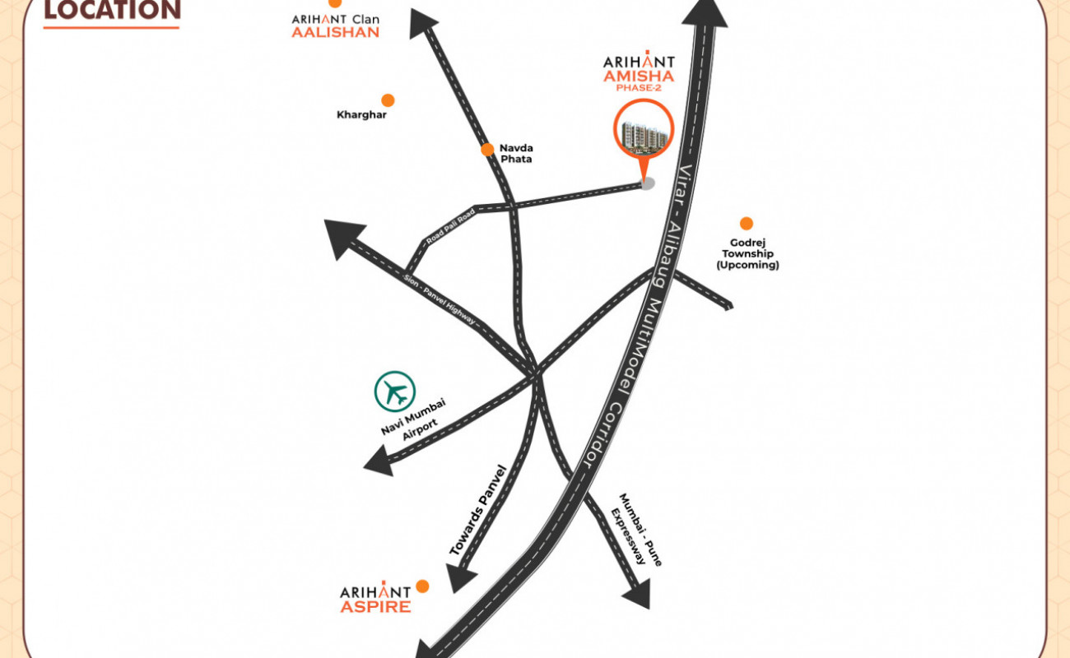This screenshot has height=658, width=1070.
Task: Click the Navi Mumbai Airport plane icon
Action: (394, 392)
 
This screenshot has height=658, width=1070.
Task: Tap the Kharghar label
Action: (361, 114)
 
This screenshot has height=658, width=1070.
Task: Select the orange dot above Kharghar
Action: (388, 100)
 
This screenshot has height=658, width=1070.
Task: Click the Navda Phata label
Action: (516, 153)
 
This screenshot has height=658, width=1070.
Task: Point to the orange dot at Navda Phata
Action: (487, 150)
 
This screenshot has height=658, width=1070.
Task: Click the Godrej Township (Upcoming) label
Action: (747, 253)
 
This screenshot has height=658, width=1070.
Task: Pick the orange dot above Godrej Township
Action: (747, 223)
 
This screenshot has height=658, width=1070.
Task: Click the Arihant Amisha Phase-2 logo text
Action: (639, 72)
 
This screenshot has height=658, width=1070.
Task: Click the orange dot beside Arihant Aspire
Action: (422, 586)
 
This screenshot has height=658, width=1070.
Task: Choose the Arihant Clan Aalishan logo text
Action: (335, 25)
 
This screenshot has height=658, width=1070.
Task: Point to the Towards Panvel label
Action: (477, 510)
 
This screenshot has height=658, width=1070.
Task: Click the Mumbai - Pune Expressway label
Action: (637, 530)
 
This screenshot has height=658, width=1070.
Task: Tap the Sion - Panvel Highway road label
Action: (440, 299)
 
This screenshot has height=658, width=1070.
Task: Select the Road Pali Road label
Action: (450, 227)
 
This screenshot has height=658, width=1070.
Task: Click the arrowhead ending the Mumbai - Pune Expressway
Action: (638, 595)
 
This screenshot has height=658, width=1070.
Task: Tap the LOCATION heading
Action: (112, 11)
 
